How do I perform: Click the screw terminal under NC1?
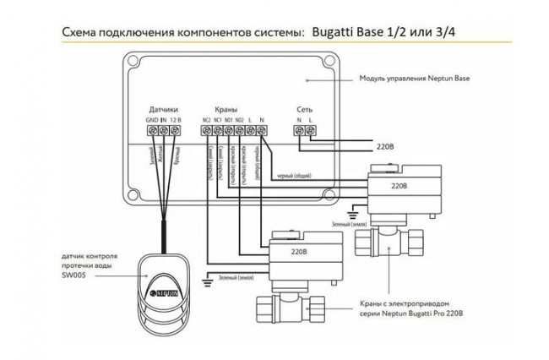point(218,132)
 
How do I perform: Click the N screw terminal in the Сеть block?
point(298,132)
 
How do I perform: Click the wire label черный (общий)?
point(293,176)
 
